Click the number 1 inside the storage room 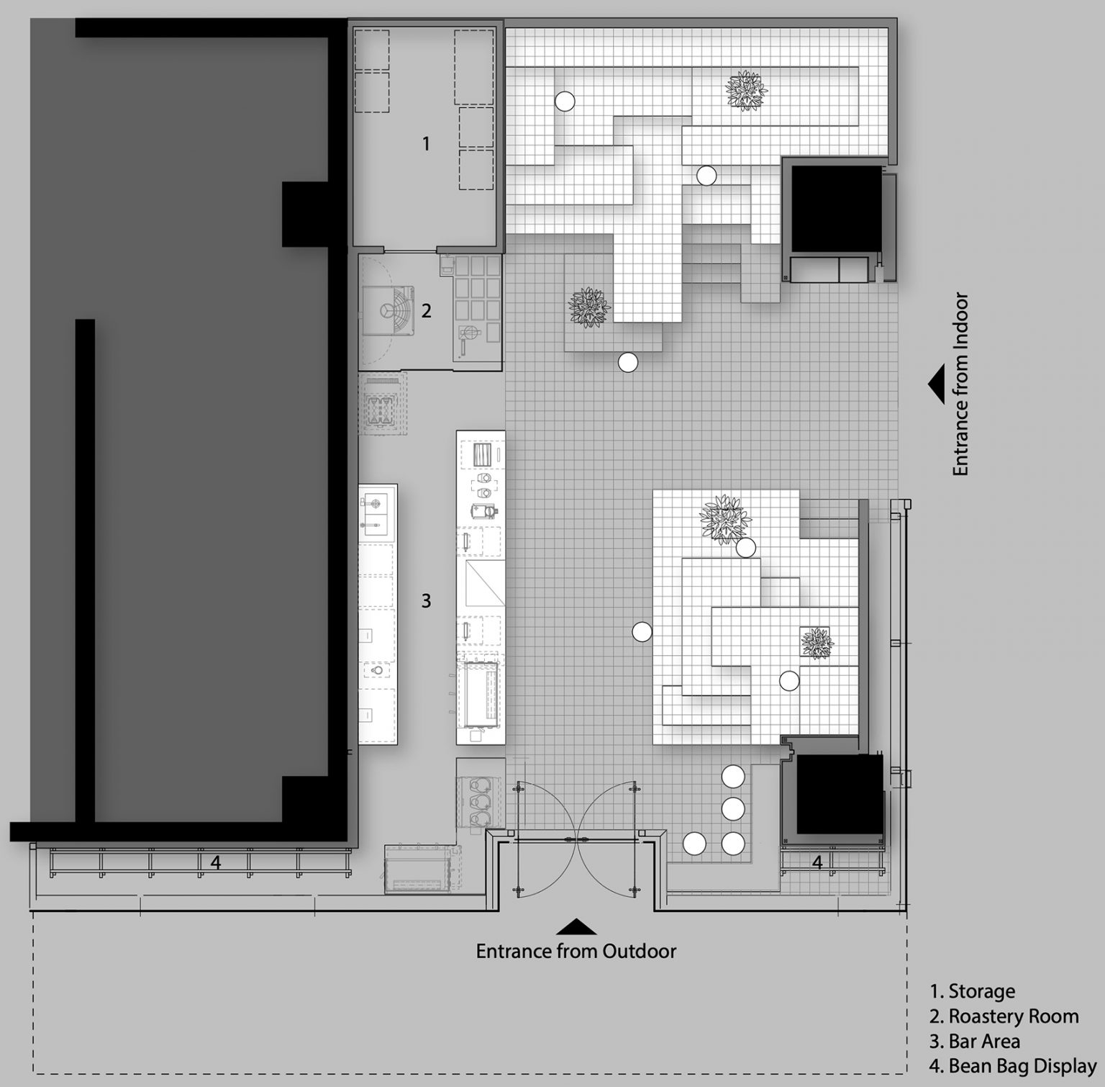coord(426,144)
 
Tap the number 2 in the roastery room coord(426,311)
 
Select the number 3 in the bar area coord(426,600)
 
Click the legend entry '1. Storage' coord(973,991)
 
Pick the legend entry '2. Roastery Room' coord(1004,1016)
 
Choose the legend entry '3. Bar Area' coord(975,1042)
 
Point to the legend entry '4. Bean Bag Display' coord(1013,1067)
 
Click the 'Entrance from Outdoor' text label coord(576,951)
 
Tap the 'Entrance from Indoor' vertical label coord(961,384)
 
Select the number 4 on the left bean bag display coord(215,862)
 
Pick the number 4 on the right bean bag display coord(817,862)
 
